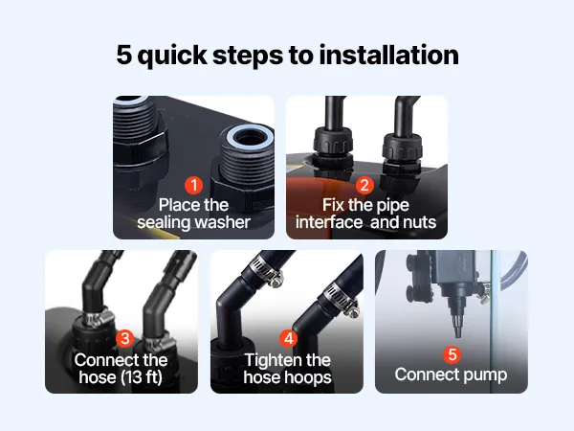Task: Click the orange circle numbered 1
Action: pos(193,185)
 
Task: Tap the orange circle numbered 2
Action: pos(364,185)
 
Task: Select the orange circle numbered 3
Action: pos(124,338)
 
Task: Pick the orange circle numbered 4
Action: pos(289,339)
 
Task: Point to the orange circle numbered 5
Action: pos(453,354)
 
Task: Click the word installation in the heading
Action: pos(388,55)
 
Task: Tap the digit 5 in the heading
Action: pos(123,55)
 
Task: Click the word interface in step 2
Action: pos(329,222)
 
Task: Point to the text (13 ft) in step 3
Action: pos(142,377)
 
